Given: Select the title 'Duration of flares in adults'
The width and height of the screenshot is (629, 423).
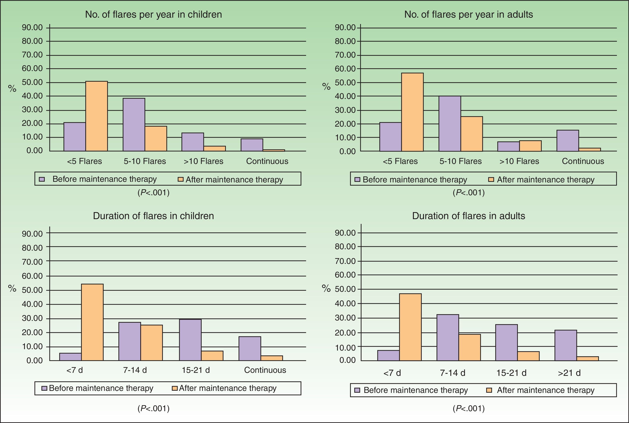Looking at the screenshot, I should point(468,216).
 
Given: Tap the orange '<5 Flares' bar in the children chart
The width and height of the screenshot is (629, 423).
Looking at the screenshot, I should point(97,116).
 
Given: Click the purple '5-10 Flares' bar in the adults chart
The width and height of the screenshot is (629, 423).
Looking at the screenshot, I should point(450,124).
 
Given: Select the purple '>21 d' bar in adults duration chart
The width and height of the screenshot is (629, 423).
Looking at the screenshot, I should point(566,345).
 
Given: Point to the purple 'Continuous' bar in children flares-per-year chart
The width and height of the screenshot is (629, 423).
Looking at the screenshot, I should point(252,145).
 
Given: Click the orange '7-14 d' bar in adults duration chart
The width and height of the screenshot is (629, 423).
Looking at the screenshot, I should point(469,348).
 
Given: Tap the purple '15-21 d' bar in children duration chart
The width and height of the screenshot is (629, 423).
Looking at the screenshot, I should point(190,340).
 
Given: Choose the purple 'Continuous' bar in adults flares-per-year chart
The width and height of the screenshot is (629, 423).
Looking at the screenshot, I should point(568,140).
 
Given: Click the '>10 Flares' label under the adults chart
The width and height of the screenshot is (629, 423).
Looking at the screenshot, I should point(519,161).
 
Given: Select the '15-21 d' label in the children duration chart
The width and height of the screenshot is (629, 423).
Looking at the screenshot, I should point(196,370).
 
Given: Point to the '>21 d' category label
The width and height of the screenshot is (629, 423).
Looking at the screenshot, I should point(569,373).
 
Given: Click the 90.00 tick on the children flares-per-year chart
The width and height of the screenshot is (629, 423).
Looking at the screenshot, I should point(32,27).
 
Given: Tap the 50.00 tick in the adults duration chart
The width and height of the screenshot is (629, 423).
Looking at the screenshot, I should point(345,289).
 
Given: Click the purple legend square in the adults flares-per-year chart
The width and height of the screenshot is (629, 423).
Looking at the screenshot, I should point(357,180).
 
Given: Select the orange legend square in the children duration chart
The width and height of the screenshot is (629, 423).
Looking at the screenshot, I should point(175,388).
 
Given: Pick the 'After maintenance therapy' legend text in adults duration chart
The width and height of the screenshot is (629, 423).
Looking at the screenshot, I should point(545,390).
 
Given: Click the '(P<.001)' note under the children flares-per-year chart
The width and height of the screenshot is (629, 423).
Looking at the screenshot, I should point(153,193).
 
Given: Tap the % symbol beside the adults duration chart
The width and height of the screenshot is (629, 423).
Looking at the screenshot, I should point(326,289).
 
